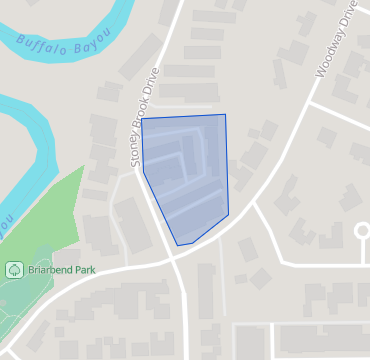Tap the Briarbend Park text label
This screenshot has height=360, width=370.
(x=61, y=270)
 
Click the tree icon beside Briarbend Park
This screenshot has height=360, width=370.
(x=14, y=270)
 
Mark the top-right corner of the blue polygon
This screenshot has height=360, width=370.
(x=225, y=115)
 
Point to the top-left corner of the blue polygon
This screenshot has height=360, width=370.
(x=142, y=121)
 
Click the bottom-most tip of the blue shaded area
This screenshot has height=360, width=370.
(x=178, y=244)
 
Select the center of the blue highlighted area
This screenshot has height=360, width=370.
(x=187, y=175)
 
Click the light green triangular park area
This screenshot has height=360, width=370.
(x=55, y=215)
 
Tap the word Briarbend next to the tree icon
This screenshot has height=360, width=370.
(x=48, y=270)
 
